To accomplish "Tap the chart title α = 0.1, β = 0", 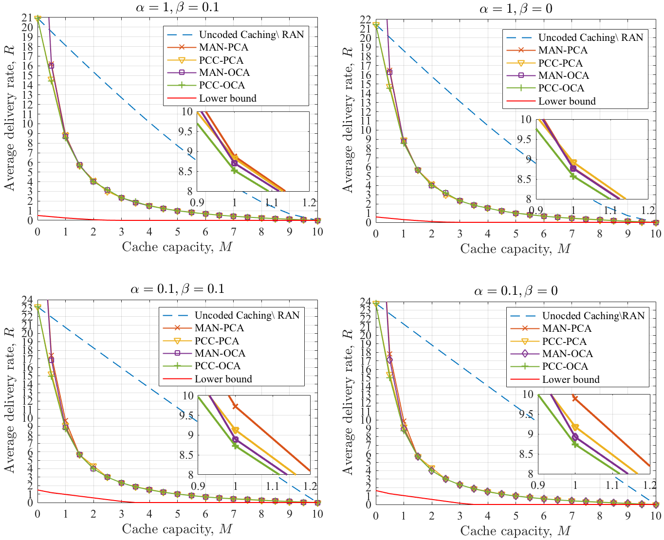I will point(516,291).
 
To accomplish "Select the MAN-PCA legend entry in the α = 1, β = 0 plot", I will point(563,50).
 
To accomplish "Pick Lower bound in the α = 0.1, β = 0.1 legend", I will point(223,379).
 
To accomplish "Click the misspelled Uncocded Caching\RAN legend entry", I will point(593,316).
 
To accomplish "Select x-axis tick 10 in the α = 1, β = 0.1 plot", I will point(317,232).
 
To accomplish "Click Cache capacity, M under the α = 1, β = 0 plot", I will point(515,249).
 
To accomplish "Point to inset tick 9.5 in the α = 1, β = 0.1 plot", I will point(187,131).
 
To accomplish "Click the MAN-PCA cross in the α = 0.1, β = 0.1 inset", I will point(235,406).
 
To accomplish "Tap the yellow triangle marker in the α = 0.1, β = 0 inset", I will point(575,427).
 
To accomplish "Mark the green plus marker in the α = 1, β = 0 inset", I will point(573,176).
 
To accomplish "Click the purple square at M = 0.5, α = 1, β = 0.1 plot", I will point(51,65).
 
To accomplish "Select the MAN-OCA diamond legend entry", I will point(568,354).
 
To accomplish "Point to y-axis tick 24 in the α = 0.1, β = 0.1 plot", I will point(28,300).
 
